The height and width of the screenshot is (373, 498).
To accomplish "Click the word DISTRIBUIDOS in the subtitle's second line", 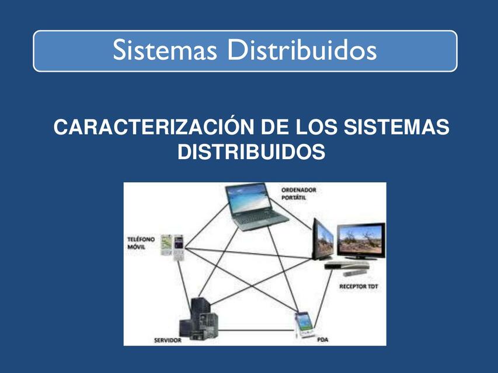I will [251, 152].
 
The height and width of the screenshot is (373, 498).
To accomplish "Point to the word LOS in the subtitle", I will [315, 128].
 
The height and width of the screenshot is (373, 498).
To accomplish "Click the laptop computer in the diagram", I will [256, 207].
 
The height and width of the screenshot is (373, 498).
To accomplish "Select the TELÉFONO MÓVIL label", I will [141, 243].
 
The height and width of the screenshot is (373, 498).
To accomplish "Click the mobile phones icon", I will [172, 245].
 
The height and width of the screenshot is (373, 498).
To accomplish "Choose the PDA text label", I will [322, 338].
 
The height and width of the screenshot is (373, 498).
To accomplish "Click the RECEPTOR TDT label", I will [358, 287].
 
